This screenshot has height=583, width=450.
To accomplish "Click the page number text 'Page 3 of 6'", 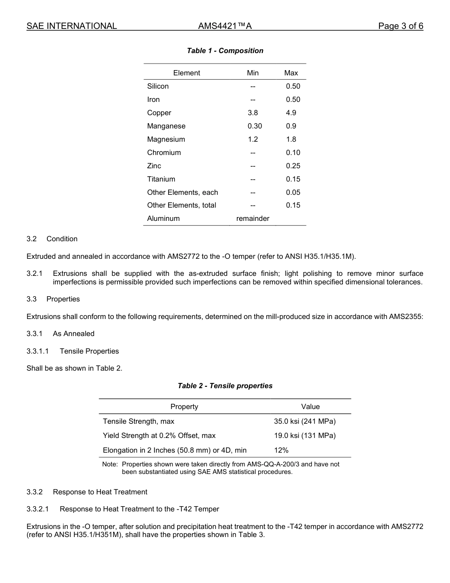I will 400,26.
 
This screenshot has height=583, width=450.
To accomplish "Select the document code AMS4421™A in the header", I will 225,26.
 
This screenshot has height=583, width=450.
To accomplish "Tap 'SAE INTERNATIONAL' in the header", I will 72,26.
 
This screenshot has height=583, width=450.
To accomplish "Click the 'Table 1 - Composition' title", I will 225,51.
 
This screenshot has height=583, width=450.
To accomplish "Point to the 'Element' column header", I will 187,73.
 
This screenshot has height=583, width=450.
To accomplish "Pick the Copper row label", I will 159,113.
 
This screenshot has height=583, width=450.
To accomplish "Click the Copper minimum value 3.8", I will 253,113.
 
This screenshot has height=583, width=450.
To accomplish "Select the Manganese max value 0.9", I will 291,126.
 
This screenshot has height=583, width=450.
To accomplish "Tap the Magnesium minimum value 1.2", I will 253,139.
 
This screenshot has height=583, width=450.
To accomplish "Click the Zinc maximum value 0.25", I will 293,166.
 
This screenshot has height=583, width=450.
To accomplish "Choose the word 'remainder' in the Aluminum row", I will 253,219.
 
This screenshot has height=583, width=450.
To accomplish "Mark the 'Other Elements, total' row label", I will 181,205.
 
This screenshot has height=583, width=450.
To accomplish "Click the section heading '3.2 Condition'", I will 52,239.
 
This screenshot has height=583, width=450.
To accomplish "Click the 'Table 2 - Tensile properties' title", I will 225,386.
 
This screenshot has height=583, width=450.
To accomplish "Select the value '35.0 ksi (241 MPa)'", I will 305,421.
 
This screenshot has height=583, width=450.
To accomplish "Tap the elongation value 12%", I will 281,450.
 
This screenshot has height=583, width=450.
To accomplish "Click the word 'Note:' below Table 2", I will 110,465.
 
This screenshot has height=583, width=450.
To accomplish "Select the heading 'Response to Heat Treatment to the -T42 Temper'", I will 139,509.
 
